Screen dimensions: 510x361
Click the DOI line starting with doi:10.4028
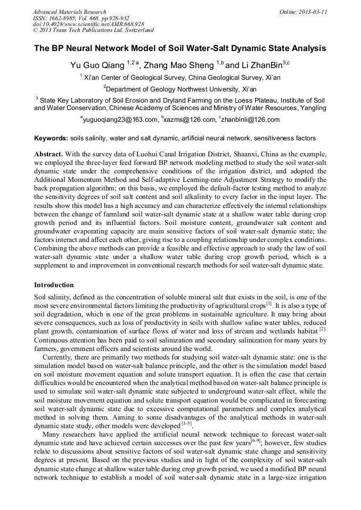[x=88, y=24]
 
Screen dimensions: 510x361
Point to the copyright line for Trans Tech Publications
[x=93, y=30]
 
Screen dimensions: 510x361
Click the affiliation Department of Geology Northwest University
[x=180, y=89]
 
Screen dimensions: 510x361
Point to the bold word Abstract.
[x=48, y=153]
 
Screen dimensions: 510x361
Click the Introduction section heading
[x=54, y=285]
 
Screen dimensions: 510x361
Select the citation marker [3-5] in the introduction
[x=187, y=424]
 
